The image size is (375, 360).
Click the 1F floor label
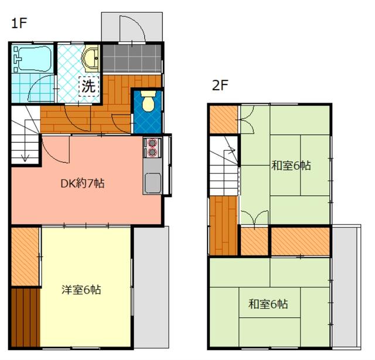[19, 23]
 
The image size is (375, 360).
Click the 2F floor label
[220, 85]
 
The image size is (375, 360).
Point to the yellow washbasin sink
[90, 59]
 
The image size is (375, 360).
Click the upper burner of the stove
[152, 143]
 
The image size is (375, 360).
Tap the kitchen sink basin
[153, 183]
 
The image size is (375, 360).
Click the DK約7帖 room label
[83, 184]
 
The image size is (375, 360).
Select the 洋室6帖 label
[81, 290]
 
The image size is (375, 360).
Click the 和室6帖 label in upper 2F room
[291, 166]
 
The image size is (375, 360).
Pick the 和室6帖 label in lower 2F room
[268, 304]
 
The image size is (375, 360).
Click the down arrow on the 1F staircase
[25, 158]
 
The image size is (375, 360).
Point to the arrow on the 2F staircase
[231, 150]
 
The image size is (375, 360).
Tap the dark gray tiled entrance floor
[132, 58]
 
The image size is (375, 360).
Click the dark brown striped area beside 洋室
[25, 317]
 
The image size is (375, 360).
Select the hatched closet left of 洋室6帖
[25, 257]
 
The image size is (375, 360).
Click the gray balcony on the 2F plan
[346, 286]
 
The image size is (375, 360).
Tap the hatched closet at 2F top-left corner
[224, 120]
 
